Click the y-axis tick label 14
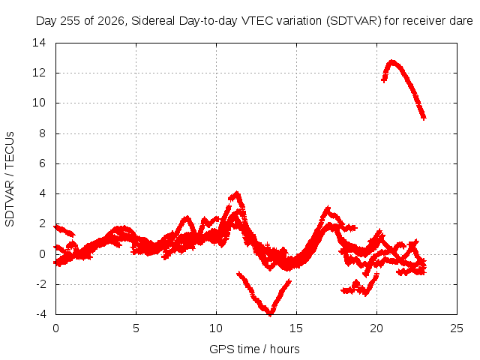39,43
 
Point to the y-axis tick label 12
39,73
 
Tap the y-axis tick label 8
42,133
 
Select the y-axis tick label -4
41,314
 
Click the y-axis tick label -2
41,284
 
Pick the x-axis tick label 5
136,328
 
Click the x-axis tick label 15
296,328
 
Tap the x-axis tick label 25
457,328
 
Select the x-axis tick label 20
376,328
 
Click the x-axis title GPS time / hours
254,349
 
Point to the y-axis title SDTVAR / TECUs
10,179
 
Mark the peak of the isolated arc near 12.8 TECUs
392,61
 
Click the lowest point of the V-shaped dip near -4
270,314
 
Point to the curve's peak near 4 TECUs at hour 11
237,193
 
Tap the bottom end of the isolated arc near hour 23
424,118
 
